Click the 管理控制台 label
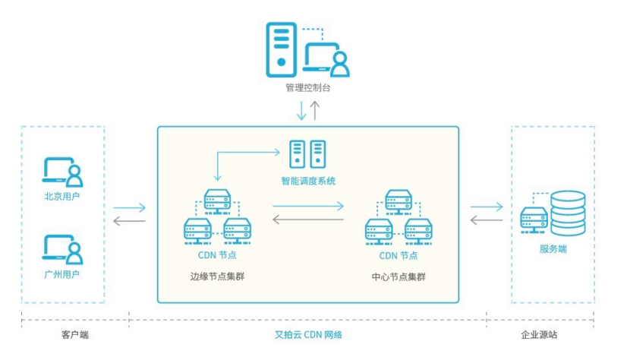[x=307, y=88]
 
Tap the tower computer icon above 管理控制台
[x=281, y=49]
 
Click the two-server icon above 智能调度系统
[x=307, y=154]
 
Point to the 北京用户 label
[x=62, y=196]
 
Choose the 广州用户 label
[x=62, y=273]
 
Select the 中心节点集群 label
[x=398, y=276]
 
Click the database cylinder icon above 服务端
[x=568, y=213]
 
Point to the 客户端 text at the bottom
[x=74, y=333]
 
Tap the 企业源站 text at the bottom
[x=552, y=333]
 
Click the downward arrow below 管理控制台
[x=301, y=110]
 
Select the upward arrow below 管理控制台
[x=316, y=110]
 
